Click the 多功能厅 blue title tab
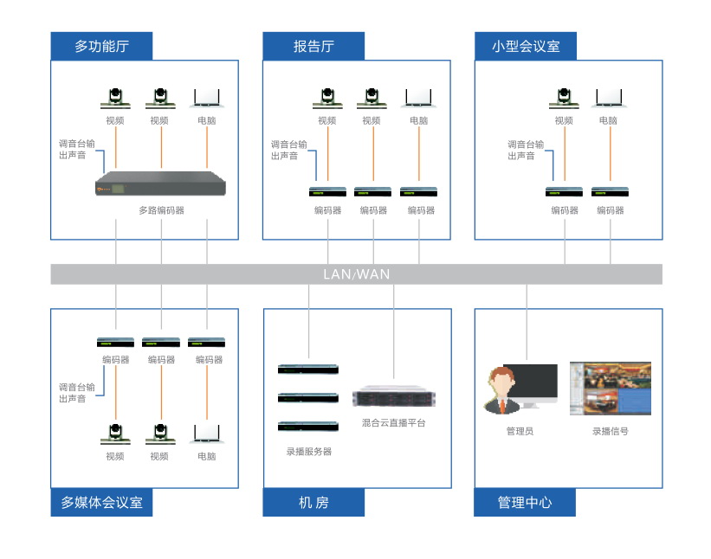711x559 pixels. click(x=101, y=46)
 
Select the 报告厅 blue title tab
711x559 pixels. click(x=313, y=46)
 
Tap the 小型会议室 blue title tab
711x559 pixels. click(x=526, y=46)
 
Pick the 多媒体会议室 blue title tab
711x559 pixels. click(x=101, y=503)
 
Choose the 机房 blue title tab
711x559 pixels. click(x=313, y=503)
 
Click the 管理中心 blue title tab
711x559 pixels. click(x=525, y=503)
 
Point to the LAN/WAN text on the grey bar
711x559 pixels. click(x=356, y=274)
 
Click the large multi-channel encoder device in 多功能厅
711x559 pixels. click(x=160, y=184)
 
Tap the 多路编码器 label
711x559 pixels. click(x=161, y=210)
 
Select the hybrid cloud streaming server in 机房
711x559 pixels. click(x=394, y=397)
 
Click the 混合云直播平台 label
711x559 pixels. click(x=394, y=423)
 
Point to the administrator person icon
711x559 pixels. click(x=501, y=390)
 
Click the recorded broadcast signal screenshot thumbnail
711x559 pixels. click(x=610, y=389)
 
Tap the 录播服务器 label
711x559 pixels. click(x=309, y=451)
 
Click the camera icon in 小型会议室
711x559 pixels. click(x=563, y=97)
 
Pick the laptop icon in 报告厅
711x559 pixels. click(x=418, y=97)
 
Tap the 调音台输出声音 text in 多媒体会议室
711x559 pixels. click(x=76, y=393)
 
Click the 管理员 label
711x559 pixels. click(x=520, y=430)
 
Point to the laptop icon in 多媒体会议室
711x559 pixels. click(x=206, y=434)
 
